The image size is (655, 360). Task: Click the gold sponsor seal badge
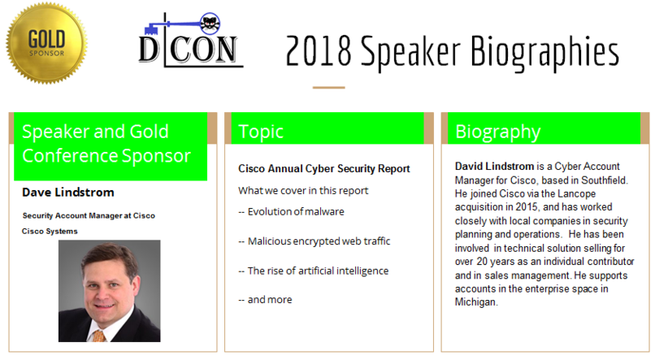46,43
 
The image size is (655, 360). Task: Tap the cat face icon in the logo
210,24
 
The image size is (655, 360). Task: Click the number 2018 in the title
319,51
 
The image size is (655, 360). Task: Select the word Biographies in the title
545,53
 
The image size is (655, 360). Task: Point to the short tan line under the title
329,88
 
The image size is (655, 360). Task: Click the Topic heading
261,132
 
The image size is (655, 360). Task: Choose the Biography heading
498,132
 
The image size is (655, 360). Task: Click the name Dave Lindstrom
68,193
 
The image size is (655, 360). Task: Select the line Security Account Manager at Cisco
89,215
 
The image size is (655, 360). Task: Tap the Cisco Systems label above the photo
50,232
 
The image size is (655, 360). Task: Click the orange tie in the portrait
98,336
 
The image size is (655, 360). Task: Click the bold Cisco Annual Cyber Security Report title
324,169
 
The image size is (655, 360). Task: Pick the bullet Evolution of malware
291,212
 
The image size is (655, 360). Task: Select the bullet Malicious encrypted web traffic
314,241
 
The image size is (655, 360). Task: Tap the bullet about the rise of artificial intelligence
314,271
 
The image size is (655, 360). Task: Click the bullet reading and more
265,300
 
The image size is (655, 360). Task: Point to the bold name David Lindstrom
495,167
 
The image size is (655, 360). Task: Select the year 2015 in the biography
527,207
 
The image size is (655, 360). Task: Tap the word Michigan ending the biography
476,302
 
